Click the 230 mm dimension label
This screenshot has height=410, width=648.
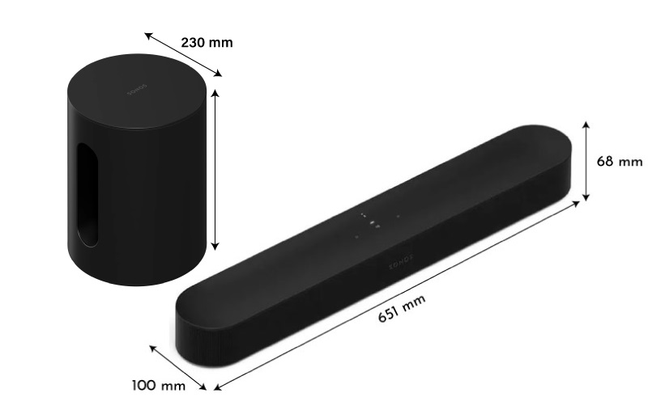click(206, 42)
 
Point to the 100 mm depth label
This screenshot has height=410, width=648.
click(159, 385)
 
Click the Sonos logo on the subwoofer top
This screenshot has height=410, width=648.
click(136, 91)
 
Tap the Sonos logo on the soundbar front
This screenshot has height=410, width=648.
click(399, 263)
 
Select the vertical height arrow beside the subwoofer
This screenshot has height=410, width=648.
click(215, 170)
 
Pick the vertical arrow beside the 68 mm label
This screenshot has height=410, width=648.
click(585, 162)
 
